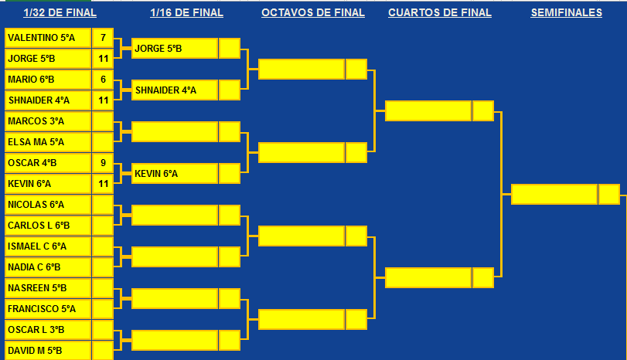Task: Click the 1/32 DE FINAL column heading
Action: [x=60, y=13]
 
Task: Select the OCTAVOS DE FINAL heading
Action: [x=312, y=13]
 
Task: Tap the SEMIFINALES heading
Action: [x=566, y=13]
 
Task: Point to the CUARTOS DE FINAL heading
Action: [x=439, y=13]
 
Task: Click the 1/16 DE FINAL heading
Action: [x=186, y=13]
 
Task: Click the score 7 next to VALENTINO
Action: [x=103, y=37]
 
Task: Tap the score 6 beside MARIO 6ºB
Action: [x=103, y=79]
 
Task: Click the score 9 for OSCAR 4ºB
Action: [x=103, y=163]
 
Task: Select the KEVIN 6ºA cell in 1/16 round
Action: [x=175, y=174]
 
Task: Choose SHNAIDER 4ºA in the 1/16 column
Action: [x=175, y=90]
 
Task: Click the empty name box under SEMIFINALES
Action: [x=554, y=194]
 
